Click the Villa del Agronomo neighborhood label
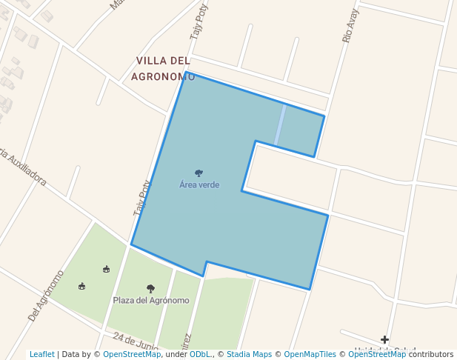tap(163, 67)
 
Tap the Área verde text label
tap(199, 184)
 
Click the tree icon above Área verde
tap(199, 173)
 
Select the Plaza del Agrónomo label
tap(151, 300)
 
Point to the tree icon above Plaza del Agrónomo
tap(151, 289)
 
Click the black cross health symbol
tap(385, 340)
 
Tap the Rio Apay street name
tap(351, 26)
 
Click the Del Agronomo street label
tap(46, 296)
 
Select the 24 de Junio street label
tap(136, 341)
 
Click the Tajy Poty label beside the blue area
tap(141, 198)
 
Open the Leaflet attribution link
tap(41, 355)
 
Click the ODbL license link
tap(200, 355)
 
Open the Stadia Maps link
tap(249, 355)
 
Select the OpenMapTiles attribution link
tap(310, 355)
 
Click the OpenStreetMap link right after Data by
tap(132, 355)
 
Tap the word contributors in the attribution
tap(431, 355)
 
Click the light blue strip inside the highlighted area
tap(280, 124)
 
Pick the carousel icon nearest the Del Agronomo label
tap(81, 286)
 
